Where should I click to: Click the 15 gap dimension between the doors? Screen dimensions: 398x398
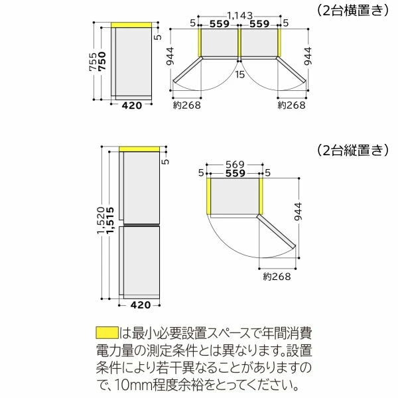click(x=239, y=74)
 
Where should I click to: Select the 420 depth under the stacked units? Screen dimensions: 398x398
click(x=141, y=305)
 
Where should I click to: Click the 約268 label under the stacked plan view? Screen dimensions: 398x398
click(x=276, y=276)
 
